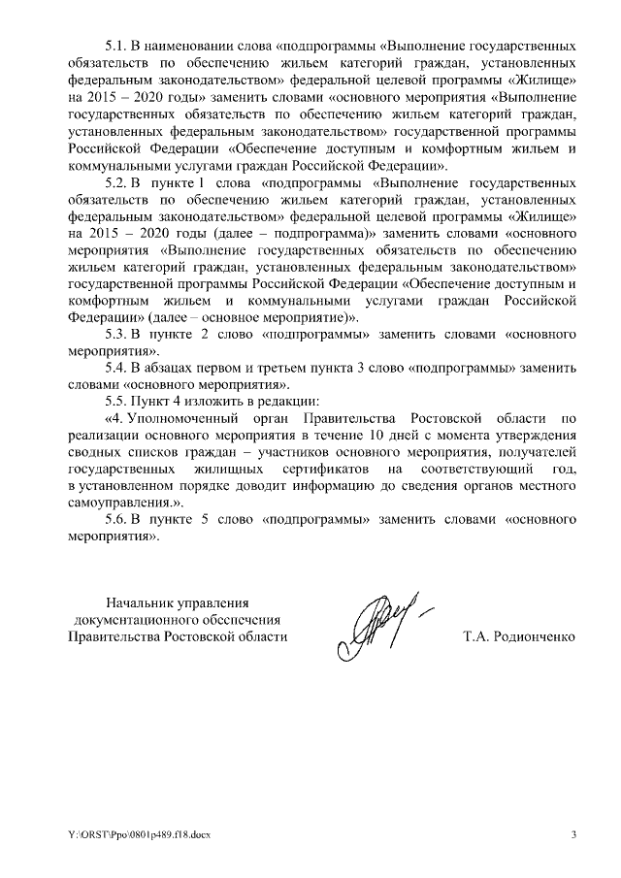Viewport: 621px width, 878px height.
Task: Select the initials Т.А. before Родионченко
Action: (478, 637)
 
